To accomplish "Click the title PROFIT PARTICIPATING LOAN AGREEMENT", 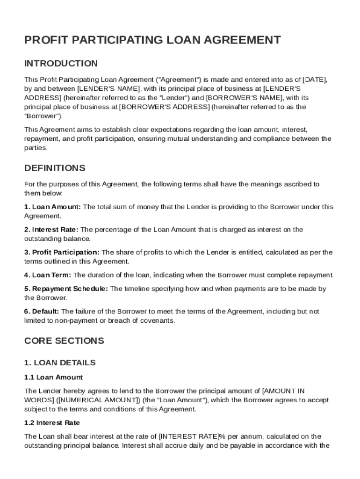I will tap(152, 40).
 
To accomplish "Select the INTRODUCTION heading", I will tap(61, 64).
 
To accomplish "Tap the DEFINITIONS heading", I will tap(55, 168).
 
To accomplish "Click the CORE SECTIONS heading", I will tap(64, 341).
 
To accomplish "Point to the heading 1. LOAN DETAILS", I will tap(60, 363).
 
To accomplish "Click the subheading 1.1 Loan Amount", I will tap(53, 377).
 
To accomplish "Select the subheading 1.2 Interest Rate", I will tap(52, 423).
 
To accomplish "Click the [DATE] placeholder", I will tap(315, 80).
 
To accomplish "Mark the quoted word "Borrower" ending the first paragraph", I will tap(42, 116).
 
